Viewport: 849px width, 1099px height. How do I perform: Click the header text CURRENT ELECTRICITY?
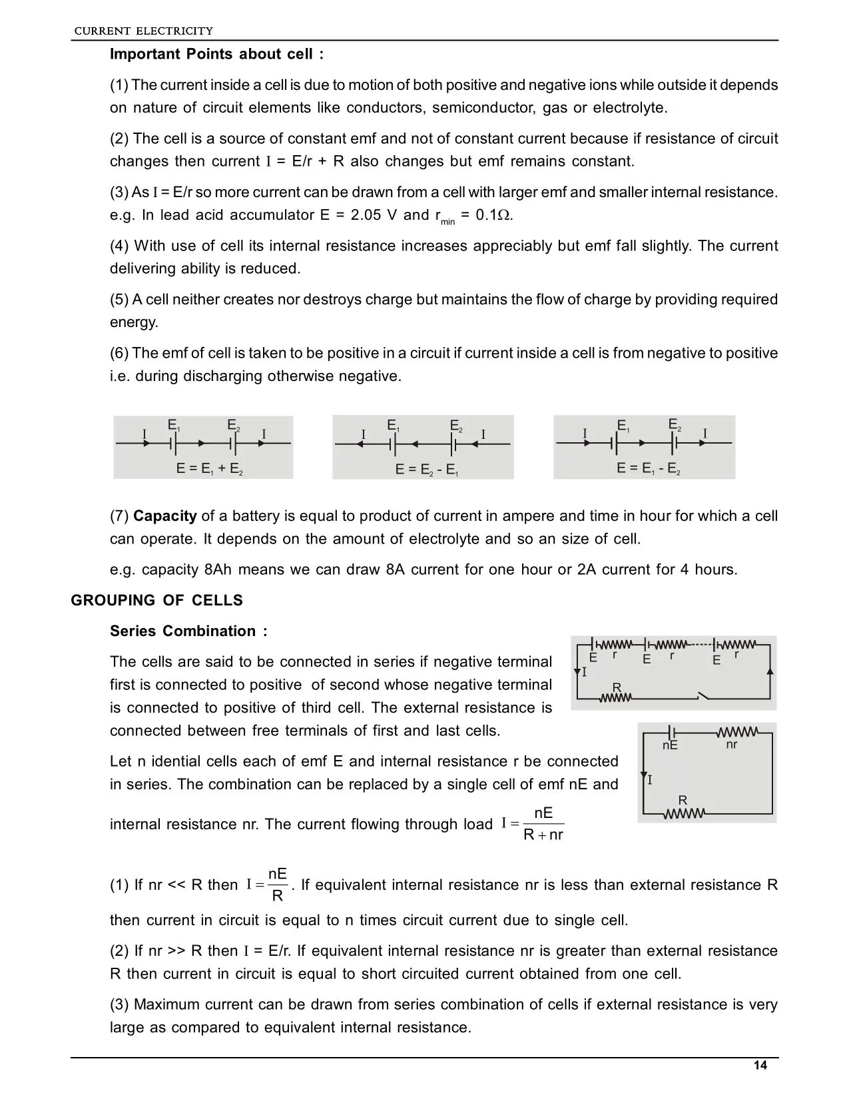(143, 31)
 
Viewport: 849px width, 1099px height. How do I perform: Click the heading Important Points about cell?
(216, 54)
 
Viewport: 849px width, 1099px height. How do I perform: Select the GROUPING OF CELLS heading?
(156, 600)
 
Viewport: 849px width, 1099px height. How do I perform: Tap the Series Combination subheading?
(188, 631)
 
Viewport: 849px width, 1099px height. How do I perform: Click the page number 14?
(760, 1066)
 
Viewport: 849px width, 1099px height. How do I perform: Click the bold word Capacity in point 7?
(165, 516)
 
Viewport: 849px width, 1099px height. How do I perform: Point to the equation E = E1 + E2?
(209, 469)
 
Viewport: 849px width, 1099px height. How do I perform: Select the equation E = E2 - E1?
(427, 470)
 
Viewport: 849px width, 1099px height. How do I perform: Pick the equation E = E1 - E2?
(648, 469)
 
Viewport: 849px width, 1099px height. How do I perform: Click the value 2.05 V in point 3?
(375, 214)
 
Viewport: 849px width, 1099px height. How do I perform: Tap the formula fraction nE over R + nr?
(543, 824)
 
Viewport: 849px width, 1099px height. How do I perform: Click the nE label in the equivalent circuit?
(670, 745)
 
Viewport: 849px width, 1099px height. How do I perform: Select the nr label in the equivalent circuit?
(731, 744)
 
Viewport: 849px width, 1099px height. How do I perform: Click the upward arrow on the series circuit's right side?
(770, 671)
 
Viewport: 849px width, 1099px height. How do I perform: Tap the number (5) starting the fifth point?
(119, 299)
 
